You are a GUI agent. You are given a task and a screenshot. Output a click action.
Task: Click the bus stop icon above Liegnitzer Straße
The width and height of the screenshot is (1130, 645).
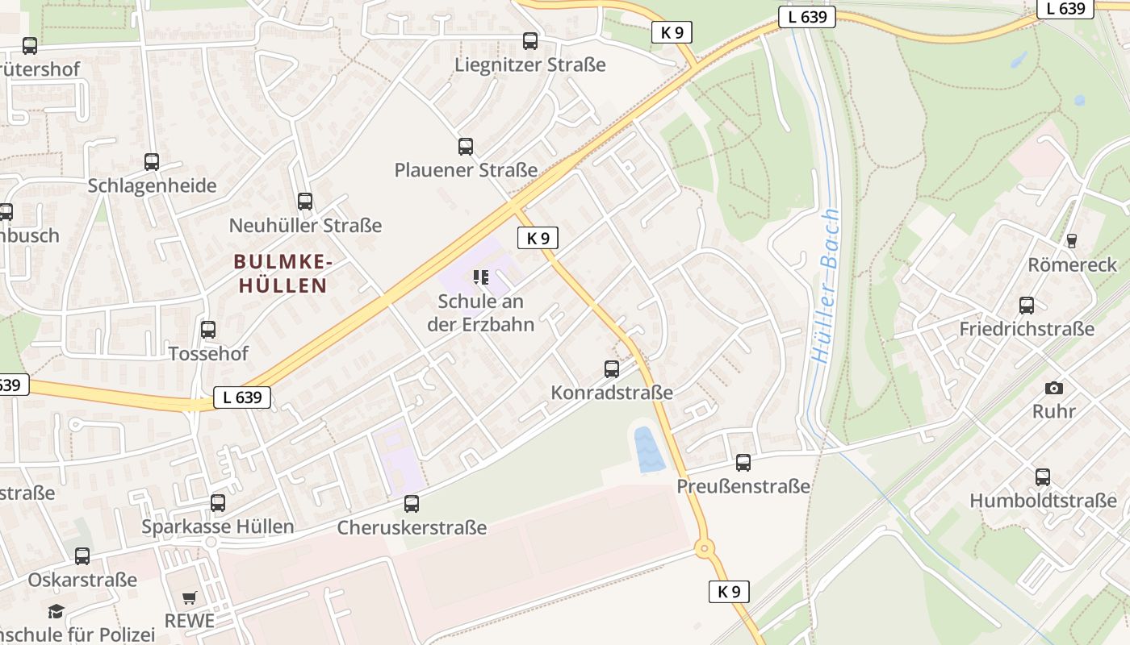click(530, 41)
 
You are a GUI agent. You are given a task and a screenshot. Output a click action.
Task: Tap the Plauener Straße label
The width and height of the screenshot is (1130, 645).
click(466, 170)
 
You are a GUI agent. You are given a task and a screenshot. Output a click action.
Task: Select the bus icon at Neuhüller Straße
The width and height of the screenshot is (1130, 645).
click(305, 202)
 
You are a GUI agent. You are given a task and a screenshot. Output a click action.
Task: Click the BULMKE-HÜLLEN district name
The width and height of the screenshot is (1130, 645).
click(282, 273)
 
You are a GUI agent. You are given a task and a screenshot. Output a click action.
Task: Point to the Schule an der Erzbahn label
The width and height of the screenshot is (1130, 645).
click(481, 313)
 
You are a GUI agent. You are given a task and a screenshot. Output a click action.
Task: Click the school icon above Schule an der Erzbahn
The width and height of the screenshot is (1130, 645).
click(481, 278)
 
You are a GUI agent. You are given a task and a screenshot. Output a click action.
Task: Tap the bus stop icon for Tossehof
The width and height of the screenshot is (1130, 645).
click(208, 330)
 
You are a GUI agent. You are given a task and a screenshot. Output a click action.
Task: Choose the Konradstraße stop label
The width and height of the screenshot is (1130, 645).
click(612, 393)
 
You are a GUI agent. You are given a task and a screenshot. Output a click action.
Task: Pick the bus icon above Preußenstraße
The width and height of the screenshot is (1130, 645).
click(743, 463)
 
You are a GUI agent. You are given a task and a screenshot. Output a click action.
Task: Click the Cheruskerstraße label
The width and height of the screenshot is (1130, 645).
click(412, 528)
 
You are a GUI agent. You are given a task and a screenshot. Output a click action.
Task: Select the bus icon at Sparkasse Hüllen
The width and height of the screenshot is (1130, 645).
click(218, 503)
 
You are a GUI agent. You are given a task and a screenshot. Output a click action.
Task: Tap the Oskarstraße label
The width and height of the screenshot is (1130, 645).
click(82, 580)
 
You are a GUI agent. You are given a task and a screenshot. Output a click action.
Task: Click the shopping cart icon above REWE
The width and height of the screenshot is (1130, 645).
click(190, 597)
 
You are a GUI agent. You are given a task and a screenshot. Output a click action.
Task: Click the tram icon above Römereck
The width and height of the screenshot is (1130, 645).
click(1072, 240)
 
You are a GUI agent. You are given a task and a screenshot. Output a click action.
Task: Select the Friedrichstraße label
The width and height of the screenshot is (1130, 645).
click(1027, 329)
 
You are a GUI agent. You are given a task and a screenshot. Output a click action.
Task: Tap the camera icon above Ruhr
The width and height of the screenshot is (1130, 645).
click(1054, 388)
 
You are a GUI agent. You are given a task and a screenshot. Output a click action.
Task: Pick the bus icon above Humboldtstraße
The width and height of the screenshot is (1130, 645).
click(1043, 476)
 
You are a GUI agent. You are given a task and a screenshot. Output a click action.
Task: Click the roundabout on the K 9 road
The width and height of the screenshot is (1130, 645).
click(705, 549)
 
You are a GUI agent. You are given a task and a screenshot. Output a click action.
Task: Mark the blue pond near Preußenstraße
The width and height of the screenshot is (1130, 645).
click(649, 450)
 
